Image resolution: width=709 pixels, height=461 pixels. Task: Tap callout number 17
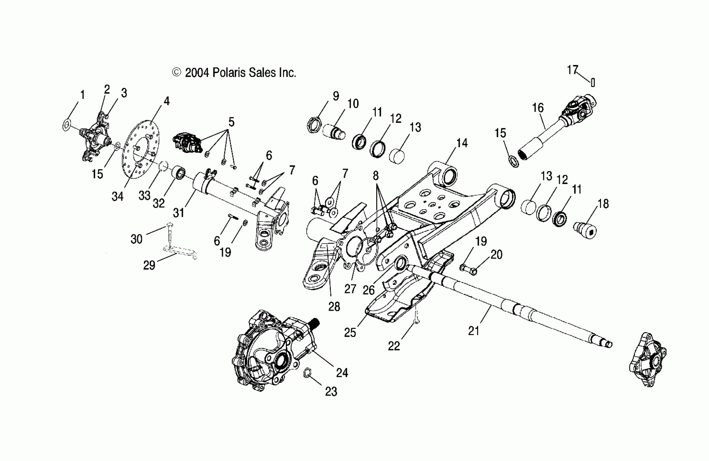pos(572,70)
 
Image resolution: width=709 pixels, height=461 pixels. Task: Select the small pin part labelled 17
pos(593,82)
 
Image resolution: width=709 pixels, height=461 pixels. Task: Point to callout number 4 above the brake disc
pos(166,101)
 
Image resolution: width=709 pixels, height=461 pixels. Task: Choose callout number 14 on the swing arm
pos(462,143)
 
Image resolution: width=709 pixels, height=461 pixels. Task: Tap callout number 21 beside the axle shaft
pos(473,331)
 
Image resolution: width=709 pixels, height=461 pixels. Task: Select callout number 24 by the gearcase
pos(342,373)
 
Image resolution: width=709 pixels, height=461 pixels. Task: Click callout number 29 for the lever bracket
pos(149,265)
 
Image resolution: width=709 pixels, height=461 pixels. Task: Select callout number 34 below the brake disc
pos(117,196)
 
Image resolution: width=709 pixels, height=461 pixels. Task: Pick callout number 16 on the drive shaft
pos(538,108)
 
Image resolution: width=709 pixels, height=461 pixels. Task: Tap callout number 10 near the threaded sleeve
pos(353,104)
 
